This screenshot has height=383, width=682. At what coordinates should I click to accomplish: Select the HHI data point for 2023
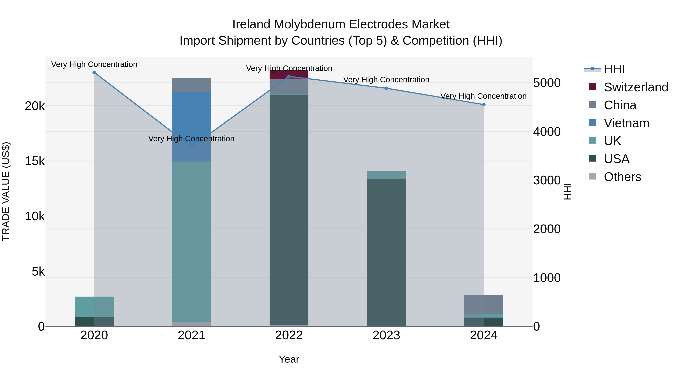pyautogui.click(x=386, y=88)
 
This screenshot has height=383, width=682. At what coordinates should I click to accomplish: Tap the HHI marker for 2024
pyautogui.click(x=484, y=105)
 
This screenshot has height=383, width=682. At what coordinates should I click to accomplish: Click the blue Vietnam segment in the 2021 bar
pyautogui.click(x=191, y=119)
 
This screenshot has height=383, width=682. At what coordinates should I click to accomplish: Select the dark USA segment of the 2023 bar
pyautogui.click(x=386, y=251)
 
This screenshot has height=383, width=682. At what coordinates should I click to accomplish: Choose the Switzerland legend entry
pyautogui.click(x=636, y=87)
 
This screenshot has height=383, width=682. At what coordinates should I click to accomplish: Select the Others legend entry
pyautogui.click(x=622, y=177)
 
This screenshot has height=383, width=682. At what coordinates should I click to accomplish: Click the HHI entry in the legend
pyautogui.click(x=614, y=69)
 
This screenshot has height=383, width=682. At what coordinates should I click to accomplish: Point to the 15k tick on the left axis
pyautogui.click(x=35, y=161)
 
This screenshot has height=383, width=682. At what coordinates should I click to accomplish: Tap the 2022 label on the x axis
pyautogui.click(x=289, y=335)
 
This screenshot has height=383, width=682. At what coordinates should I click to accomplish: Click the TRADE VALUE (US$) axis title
pyautogui.click(x=6, y=191)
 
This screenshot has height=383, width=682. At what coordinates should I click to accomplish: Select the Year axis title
pyautogui.click(x=289, y=359)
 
